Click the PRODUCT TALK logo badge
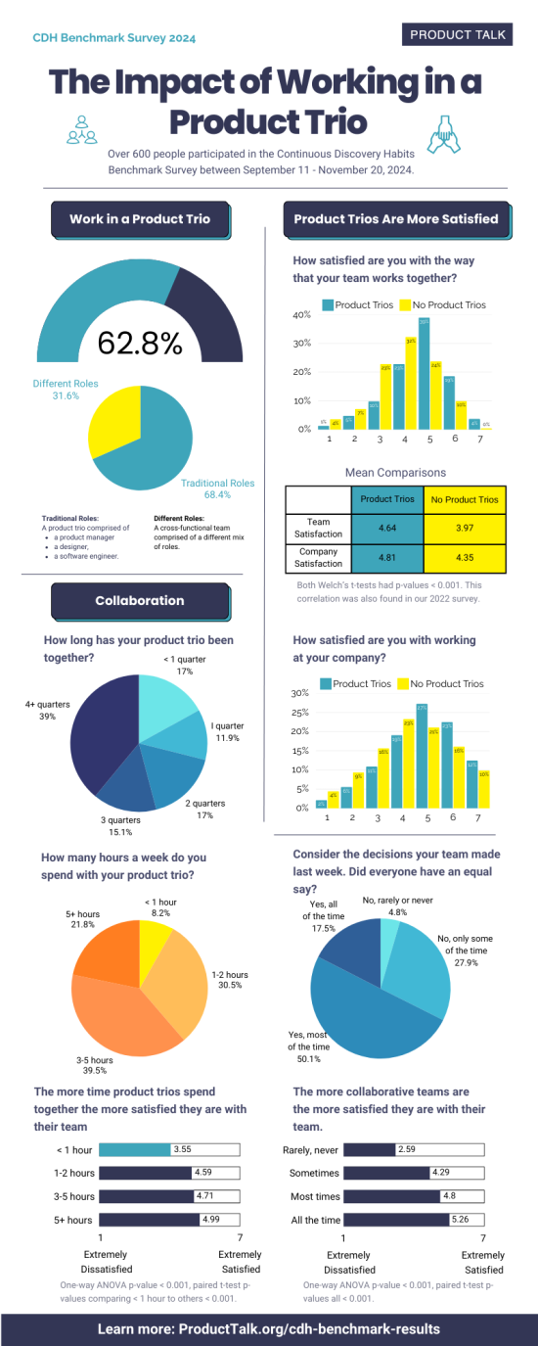point(458,34)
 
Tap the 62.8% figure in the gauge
point(139,343)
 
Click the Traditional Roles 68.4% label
point(217,489)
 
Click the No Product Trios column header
point(466,499)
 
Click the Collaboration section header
point(139,600)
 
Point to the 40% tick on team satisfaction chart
point(301,315)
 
